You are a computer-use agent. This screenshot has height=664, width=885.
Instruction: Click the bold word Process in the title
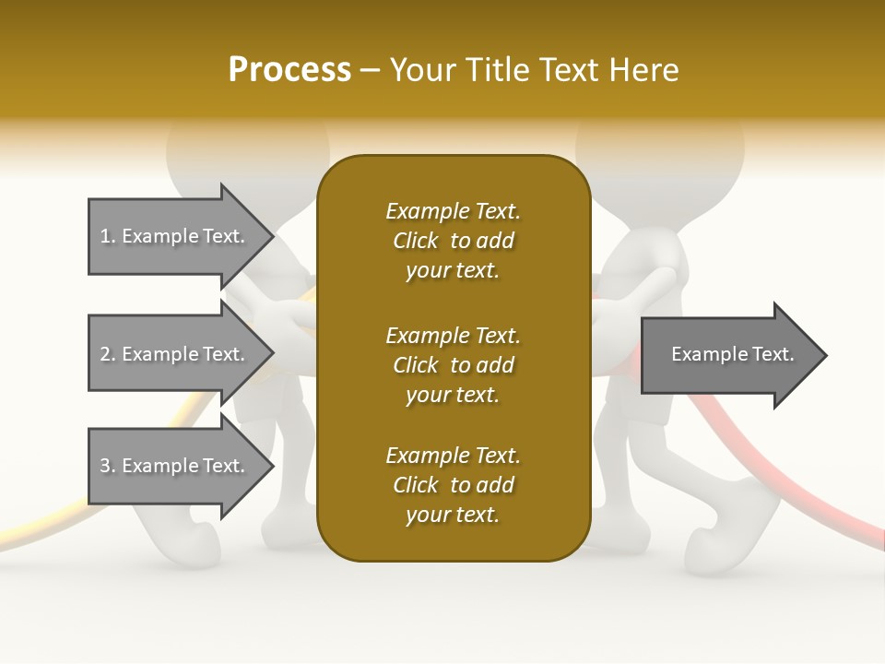(289, 70)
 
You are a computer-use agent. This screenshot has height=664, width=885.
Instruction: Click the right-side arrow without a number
(732, 355)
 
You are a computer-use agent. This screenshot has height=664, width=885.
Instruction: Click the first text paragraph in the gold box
(453, 241)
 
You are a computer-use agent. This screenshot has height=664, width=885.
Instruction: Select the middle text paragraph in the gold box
(453, 365)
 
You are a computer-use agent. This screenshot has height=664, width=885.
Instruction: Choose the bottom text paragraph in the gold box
(453, 485)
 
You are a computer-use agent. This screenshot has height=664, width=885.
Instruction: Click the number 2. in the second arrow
(107, 354)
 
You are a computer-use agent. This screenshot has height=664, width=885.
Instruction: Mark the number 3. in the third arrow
(107, 466)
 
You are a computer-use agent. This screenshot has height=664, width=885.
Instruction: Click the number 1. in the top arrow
(107, 236)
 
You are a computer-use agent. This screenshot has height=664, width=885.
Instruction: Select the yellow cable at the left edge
(37, 530)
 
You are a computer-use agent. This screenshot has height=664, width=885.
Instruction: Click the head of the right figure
(660, 148)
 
